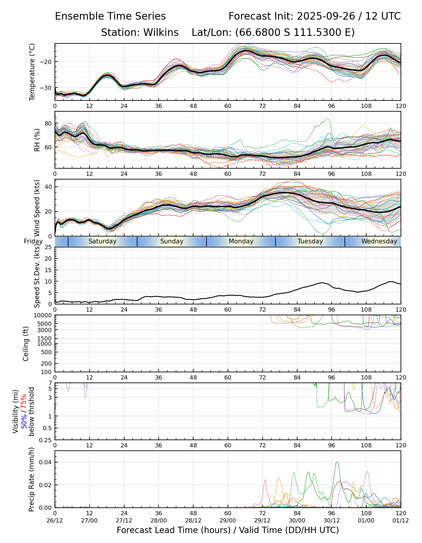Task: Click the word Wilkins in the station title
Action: click(161, 33)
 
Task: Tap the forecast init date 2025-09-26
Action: click(326, 16)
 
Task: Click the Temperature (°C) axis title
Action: click(32, 72)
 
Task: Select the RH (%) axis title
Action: click(37, 140)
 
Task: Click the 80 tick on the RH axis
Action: click(48, 123)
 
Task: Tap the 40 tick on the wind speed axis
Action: click(48, 187)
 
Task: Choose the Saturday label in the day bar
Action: click(102, 241)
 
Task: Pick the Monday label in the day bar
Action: click(241, 241)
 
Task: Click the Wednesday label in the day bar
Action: click(379, 241)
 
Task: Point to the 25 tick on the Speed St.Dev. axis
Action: click(48, 247)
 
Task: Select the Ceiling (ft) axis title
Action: click(26, 344)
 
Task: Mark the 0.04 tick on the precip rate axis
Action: click(46, 462)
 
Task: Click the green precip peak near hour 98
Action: click(337, 462)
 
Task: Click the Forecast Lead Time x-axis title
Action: click(228, 530)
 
